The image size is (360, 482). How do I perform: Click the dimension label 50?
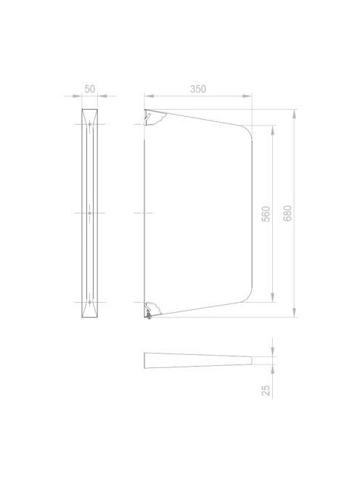coord(90,89)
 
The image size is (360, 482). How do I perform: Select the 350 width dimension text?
coord(198,89)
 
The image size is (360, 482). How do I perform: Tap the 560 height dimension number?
coord(266,214)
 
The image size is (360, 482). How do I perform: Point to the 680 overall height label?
coord(287,213)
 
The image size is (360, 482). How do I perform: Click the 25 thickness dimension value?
coord(266,391)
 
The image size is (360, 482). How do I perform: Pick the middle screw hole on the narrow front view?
coord(90,213)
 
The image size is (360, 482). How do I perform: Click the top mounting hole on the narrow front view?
coord(90,125)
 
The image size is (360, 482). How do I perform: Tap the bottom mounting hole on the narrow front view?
coord(90,302)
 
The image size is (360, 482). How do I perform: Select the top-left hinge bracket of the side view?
coord(155,118)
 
